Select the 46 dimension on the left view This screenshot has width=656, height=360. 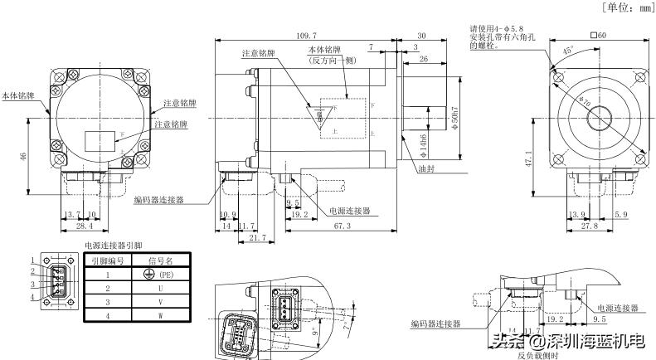pyautogui.click(x=24, y=155)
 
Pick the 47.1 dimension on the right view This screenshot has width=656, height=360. pyautogui.click(x=531, y=155)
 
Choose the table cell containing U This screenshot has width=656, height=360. pyautogui.click(x=158, y=288)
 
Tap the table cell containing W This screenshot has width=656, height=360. pyautogui.click(x=158, y=316)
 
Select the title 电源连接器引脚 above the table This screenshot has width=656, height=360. pyautogui.click(x=115, y=246)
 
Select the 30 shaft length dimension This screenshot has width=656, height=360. pyautogui.click(x=422, y=35)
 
